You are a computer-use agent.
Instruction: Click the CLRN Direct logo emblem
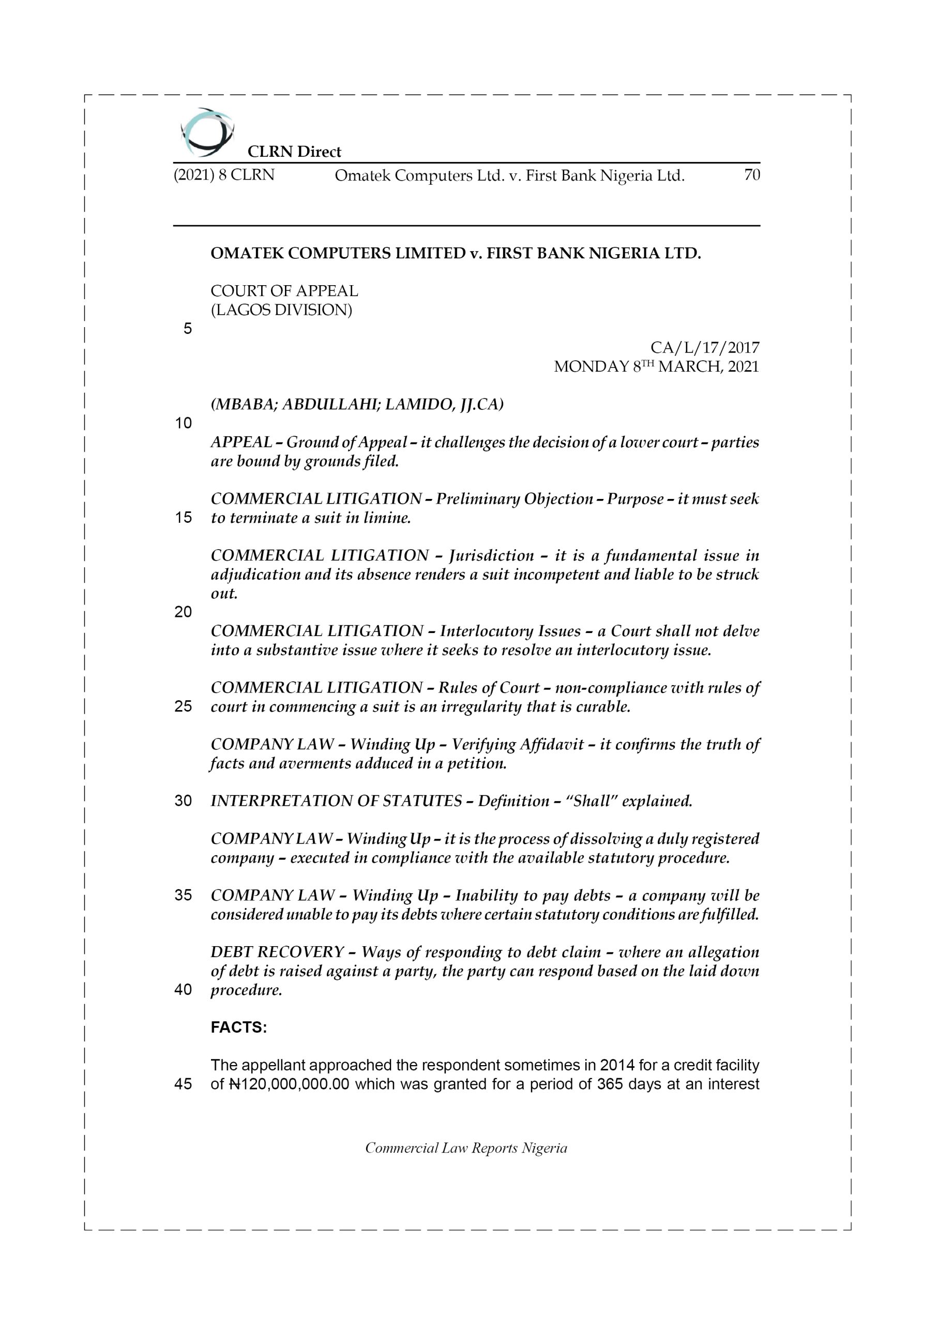207,132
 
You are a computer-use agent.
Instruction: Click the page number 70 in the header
751,175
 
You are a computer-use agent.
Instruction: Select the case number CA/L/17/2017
705,347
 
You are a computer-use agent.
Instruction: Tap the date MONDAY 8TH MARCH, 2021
656,366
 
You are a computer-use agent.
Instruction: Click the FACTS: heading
239,1028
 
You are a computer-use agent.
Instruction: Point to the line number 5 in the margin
187,329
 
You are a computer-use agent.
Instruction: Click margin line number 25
184,706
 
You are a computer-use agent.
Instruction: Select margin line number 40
184,990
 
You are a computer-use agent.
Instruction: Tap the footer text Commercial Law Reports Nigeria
466,1148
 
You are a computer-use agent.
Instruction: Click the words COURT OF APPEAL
284,291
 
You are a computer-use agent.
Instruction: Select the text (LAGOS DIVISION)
281,310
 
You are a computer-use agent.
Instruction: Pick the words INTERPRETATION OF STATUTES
336,801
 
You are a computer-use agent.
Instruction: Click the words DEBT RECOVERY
277,952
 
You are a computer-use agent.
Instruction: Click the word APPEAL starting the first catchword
241,442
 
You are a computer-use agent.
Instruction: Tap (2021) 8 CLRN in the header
224,175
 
